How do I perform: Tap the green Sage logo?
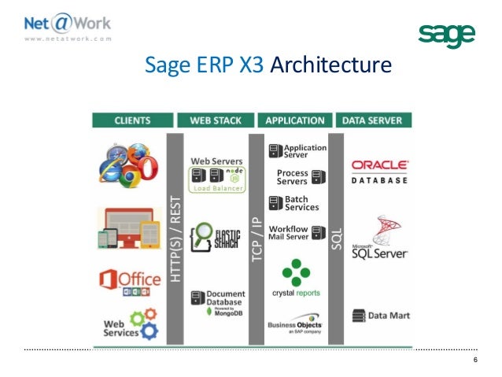446,35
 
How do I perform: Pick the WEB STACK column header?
216,121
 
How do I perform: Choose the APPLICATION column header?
295,121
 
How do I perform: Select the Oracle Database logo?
379,171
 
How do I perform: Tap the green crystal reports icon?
295,272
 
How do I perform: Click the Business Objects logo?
295,325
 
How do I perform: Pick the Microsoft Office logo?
129,280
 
